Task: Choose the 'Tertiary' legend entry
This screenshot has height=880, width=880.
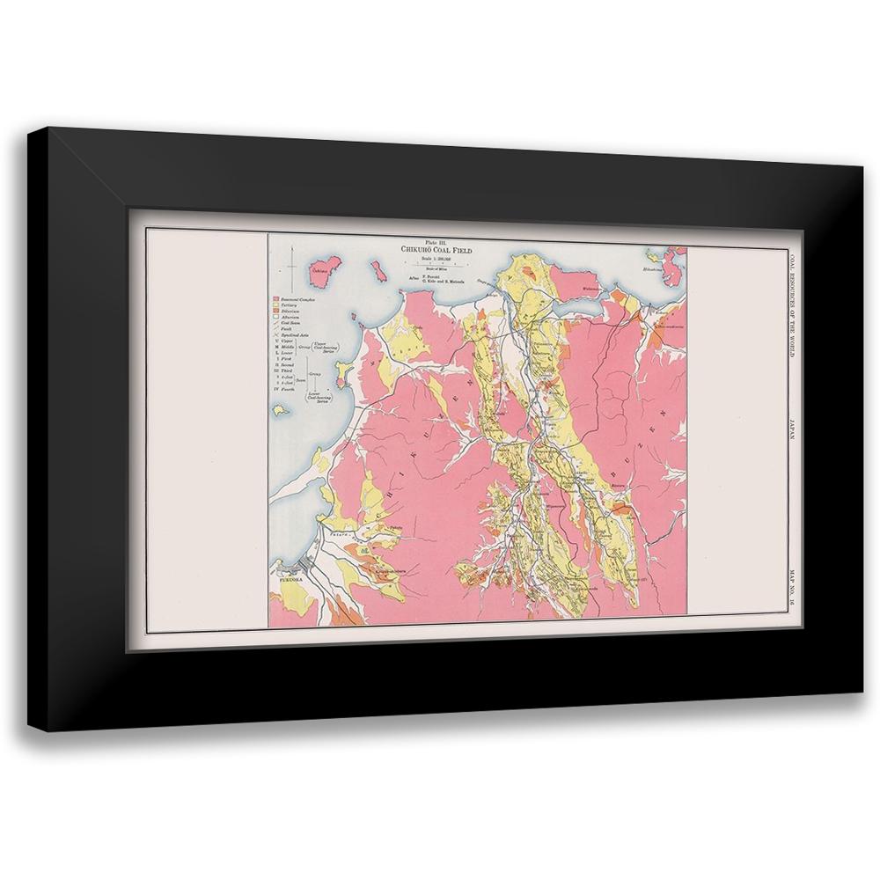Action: pos(293,307)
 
